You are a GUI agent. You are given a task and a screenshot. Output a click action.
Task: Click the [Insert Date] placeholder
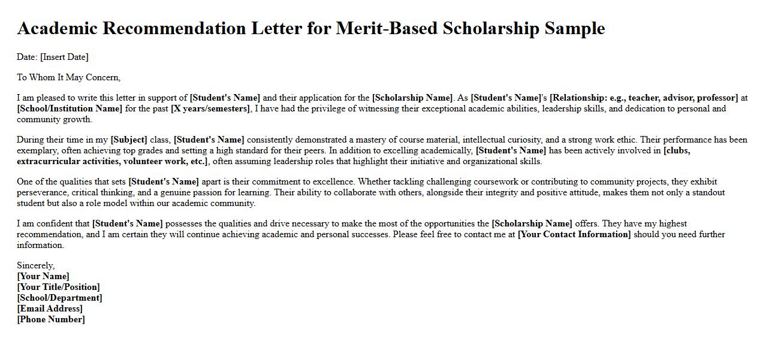64,57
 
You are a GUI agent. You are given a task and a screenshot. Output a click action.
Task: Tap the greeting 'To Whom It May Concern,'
68,77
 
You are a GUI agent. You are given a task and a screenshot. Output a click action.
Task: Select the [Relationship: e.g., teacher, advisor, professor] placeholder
644,98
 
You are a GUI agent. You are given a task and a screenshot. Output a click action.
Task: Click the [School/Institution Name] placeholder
70,108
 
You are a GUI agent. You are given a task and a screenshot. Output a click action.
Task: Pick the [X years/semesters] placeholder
210,108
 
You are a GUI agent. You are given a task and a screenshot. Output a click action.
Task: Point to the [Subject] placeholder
129,140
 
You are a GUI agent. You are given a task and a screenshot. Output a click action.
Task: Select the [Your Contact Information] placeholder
574,234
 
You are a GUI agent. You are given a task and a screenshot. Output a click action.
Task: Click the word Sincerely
35,265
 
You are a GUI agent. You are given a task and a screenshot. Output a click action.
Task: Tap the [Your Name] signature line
43,276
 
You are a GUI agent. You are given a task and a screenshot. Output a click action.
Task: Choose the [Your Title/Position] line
59,287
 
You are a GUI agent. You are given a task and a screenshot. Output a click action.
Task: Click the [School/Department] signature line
59,298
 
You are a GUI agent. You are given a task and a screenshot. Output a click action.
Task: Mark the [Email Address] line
50,308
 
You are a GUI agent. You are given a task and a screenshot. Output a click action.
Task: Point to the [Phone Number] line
51,319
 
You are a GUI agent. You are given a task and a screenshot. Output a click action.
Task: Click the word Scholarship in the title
491,28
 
